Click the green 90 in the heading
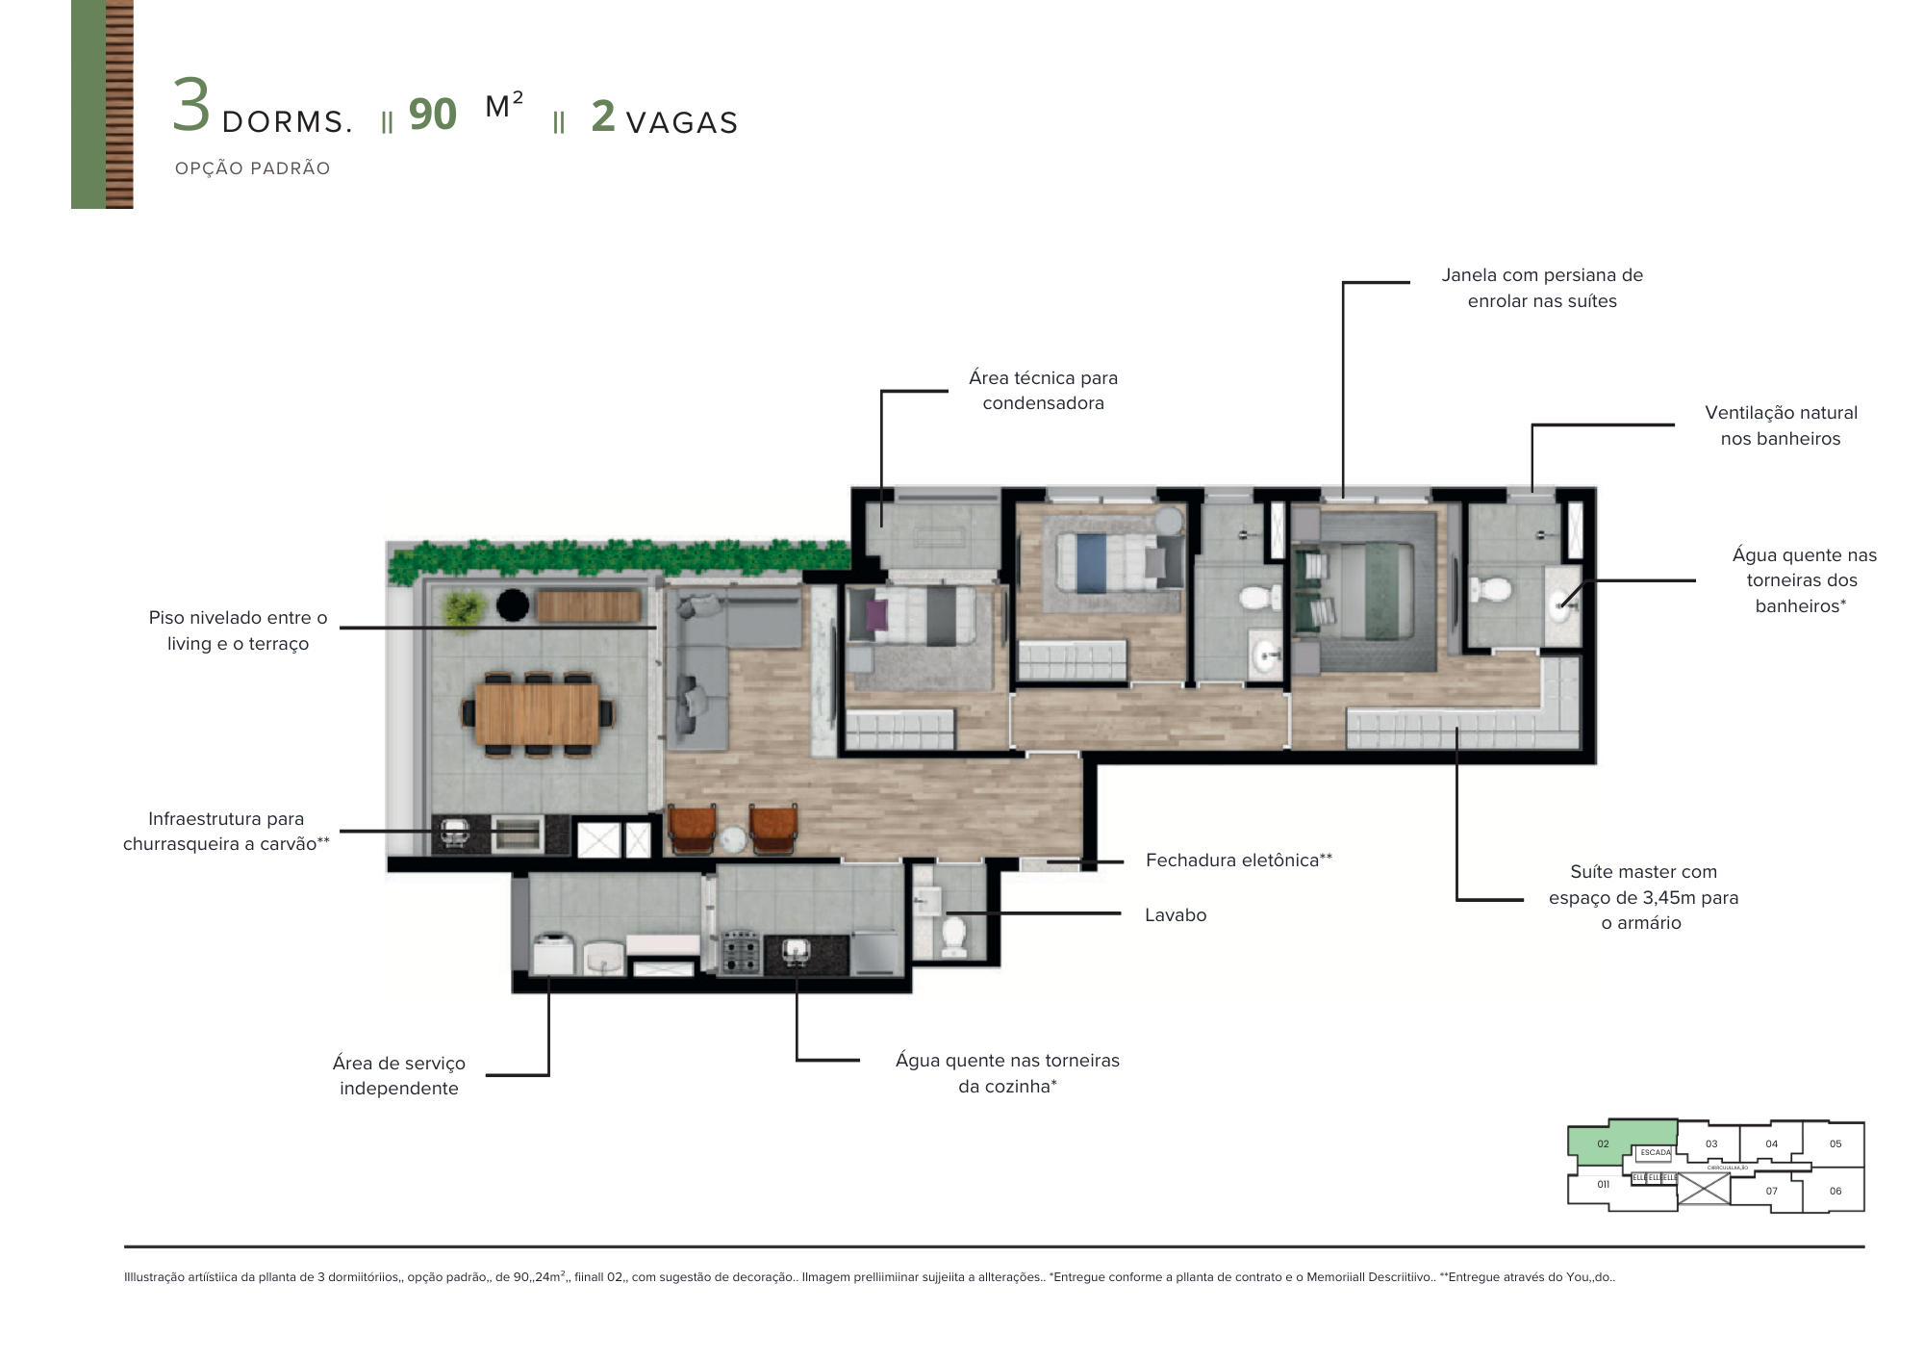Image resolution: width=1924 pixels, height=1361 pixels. click(x=432, y=115)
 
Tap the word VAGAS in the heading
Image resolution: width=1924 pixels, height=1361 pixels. click(x=681, y=123)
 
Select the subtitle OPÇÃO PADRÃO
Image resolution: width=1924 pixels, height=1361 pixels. click(x=252, y=168)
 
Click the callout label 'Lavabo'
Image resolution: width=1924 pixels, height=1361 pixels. click(x=1175, y=915)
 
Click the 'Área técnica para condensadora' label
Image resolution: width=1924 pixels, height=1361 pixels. click(x=1043, y=391)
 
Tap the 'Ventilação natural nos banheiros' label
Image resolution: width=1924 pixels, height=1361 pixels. click(x=1781, y=425)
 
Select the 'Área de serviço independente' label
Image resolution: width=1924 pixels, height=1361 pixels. click(x=398, y=1076)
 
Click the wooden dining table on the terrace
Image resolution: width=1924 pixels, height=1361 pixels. click(x=537, y=714)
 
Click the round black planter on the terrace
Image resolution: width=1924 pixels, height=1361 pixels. click(x=513, y=605)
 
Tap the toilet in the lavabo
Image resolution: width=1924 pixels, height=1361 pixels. click(x=953, y=933)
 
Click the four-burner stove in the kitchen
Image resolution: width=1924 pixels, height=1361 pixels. click(x=741, y=951)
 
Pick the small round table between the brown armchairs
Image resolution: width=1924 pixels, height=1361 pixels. click(x=733, y=839)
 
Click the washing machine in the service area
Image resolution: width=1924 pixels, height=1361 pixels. click(x=554, y=955)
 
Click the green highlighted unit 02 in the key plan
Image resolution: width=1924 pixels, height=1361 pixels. click(x=1604, y=1143)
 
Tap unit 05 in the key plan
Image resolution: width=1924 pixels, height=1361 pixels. click(x=1835, y=1143)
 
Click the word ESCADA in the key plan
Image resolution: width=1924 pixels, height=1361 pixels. click(x=1656, y=1152)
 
